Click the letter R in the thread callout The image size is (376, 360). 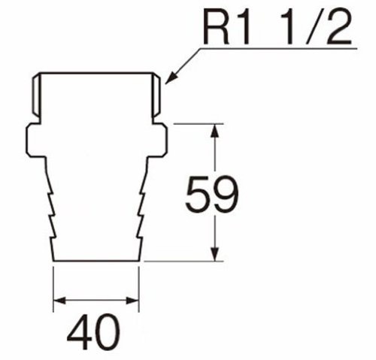click(217, 28)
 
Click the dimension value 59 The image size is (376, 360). click(212, 194)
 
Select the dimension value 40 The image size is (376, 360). click(93, 331)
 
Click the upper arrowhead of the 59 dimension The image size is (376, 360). click(214, 131)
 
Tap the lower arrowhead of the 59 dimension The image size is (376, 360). click(214, 254)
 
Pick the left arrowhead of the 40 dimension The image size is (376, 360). click(59, 301)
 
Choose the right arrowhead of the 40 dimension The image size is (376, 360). click(132, 301)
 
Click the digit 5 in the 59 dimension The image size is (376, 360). click(197, 195)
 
